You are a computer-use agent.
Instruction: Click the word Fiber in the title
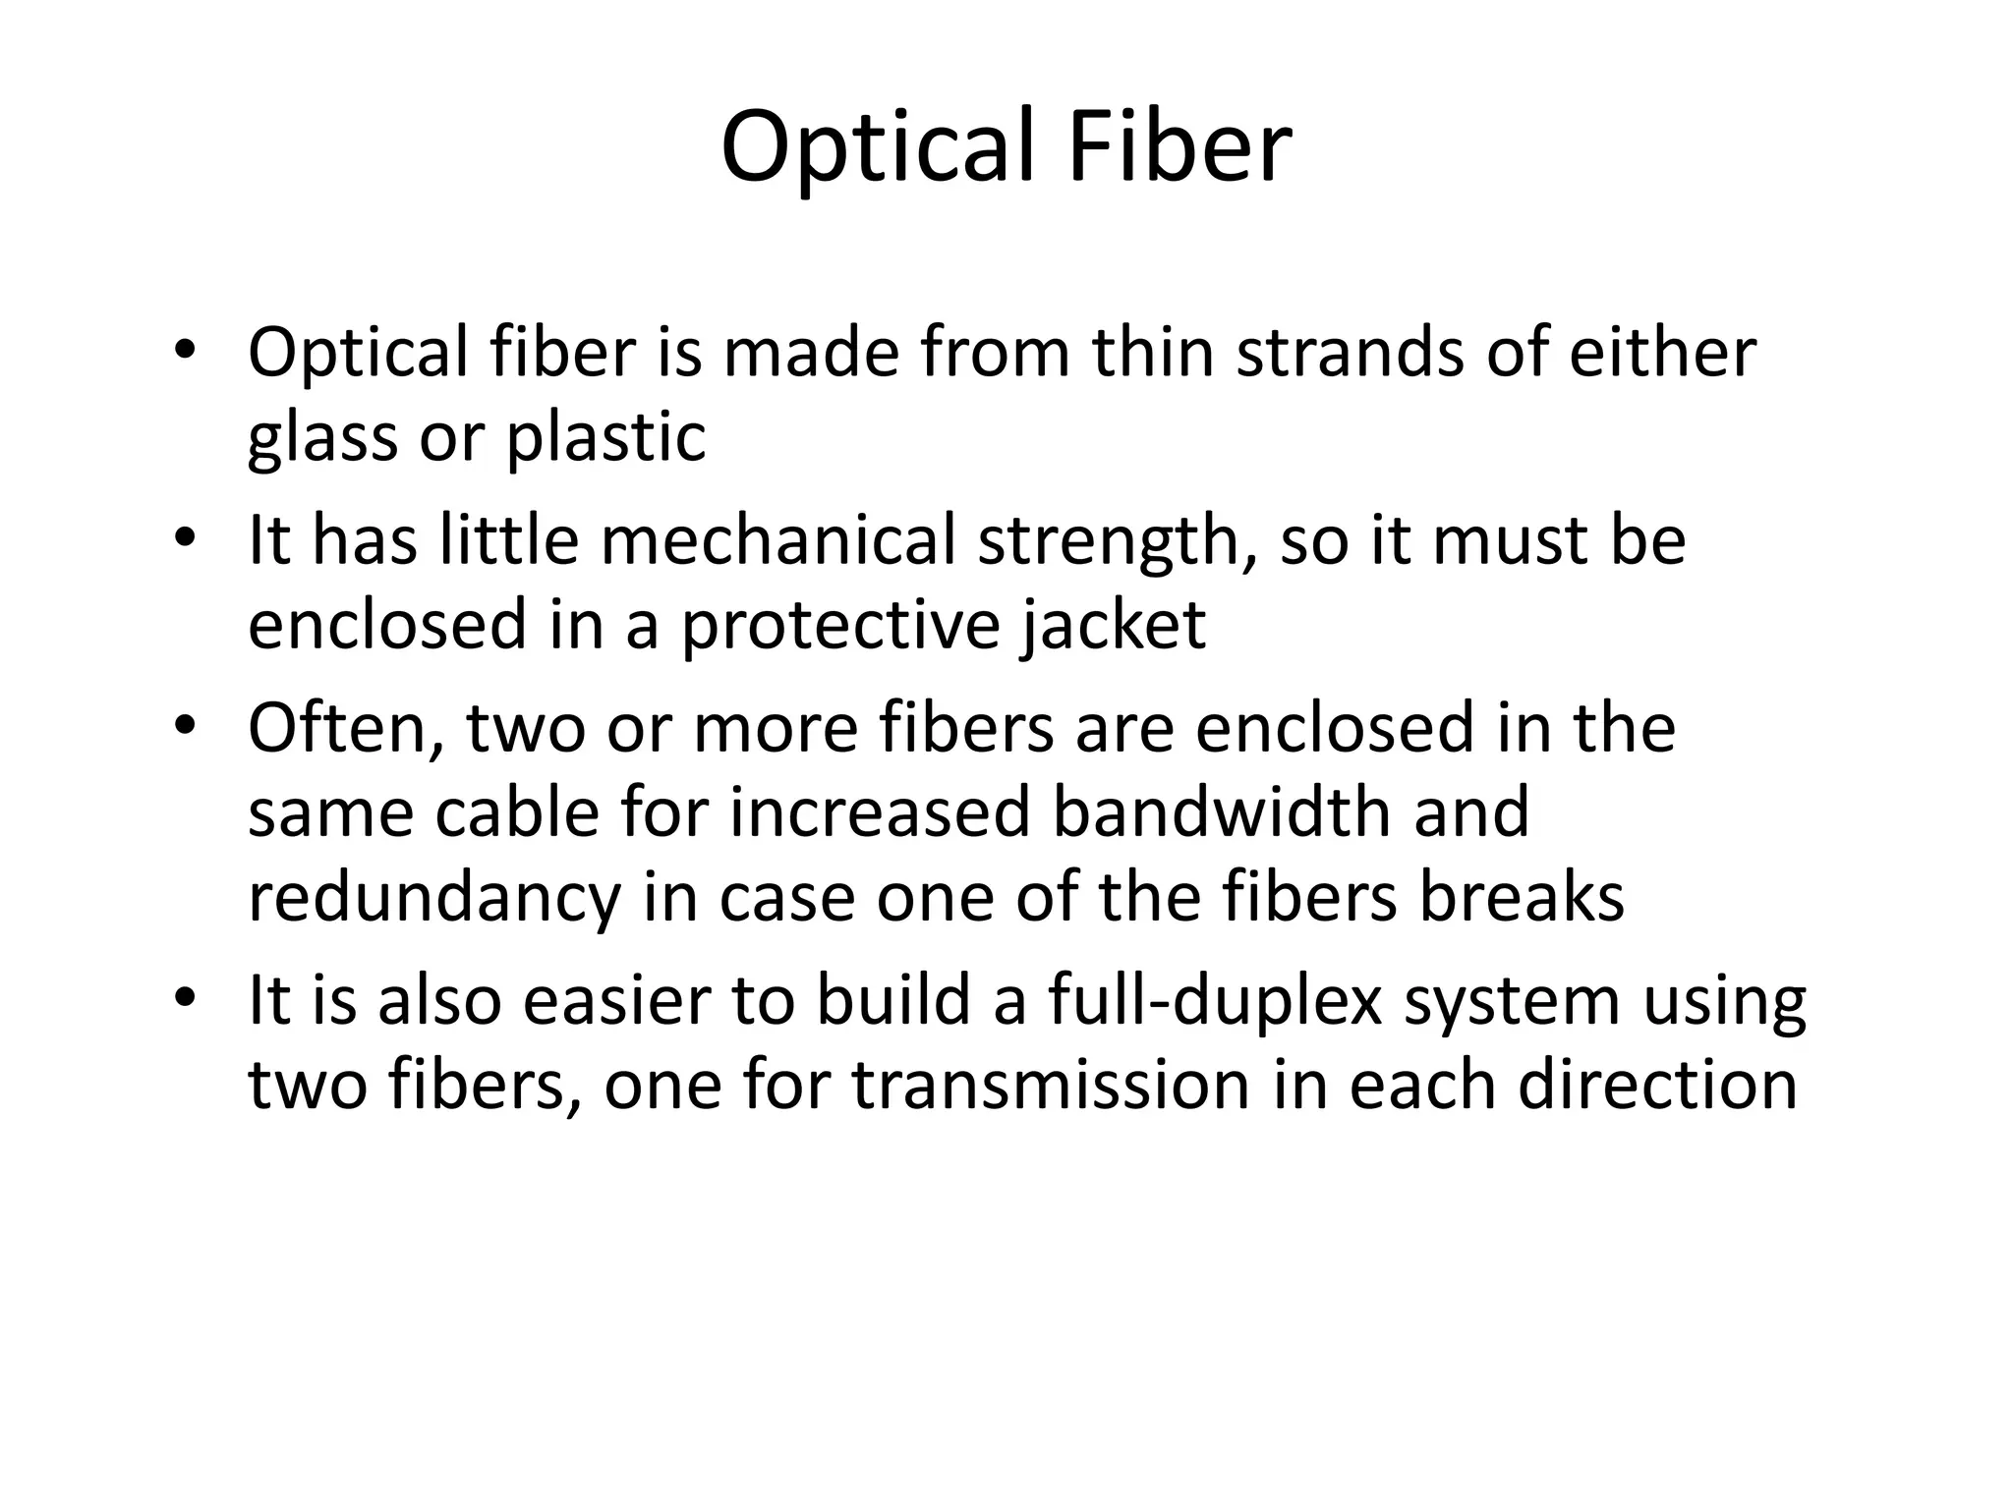point(1179,147)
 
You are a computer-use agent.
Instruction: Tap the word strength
point(1117,542)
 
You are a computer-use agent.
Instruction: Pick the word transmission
point(1051,1086)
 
